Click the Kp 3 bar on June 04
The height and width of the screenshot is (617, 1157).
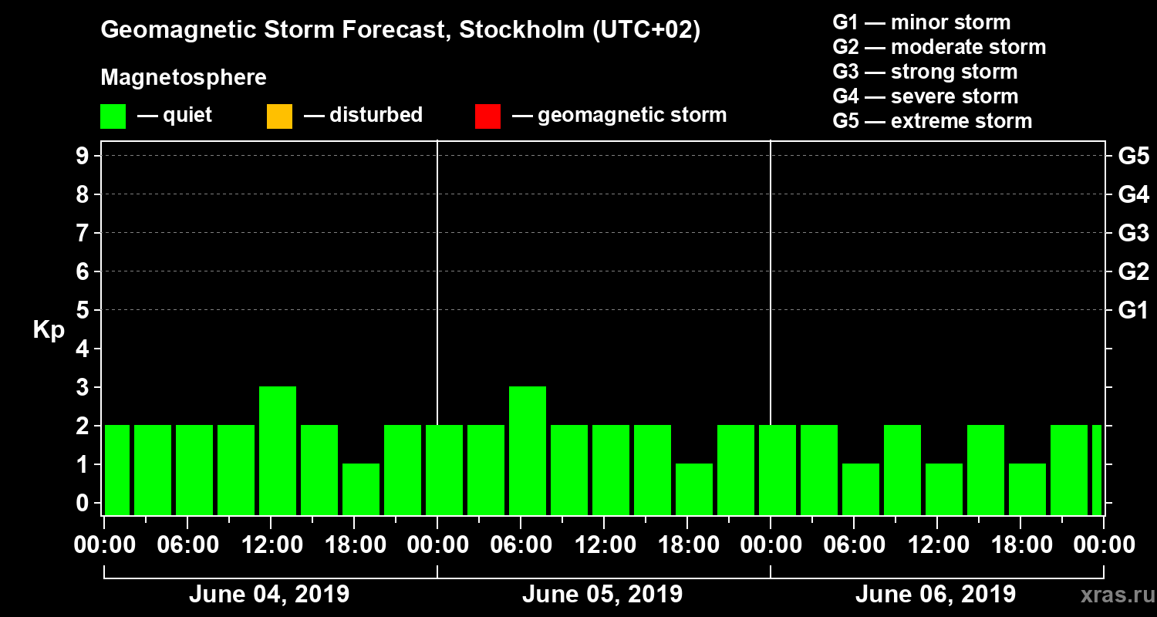coord(278,450)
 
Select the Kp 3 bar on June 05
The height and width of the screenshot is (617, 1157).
coord(528,450)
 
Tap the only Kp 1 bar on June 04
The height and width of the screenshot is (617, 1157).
coord(361,489)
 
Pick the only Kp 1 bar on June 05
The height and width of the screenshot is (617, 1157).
coord(694,489)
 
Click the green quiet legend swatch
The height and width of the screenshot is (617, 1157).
coord(113,116)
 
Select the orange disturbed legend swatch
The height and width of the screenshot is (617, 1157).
coord(279,116)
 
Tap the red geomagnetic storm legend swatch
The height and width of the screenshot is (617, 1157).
coord(487,116)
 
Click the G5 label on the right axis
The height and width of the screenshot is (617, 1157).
coord(1133,157)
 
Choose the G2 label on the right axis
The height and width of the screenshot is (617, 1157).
coord(1133,272)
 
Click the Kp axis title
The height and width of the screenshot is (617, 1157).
coord(49,330)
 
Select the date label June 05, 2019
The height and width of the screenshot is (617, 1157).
coord(602,595)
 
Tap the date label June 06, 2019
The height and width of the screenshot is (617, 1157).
coord(935,595)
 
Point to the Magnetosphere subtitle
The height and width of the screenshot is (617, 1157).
coord(184,78)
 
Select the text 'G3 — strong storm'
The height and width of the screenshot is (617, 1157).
coord(925,72)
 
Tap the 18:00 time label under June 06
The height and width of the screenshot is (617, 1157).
coord(1020,545)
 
